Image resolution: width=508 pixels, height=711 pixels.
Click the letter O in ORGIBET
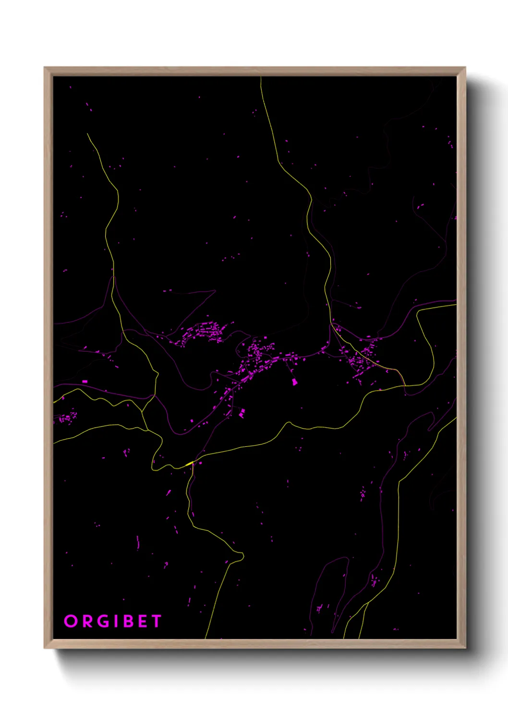point(71,621)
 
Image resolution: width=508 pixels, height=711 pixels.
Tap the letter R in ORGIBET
point(88,621)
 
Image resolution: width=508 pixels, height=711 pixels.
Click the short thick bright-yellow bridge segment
point(189,464)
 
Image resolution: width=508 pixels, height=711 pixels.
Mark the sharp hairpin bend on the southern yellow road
point(242,556)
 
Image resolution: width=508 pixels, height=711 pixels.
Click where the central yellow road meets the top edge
point(261,77)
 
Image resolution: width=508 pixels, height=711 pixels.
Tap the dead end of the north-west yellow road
point(87,134)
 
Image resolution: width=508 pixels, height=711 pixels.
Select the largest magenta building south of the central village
point(294,382)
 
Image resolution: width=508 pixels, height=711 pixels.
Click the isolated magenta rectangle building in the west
point(85,381)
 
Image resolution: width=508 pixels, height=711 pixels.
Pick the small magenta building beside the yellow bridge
point(200,463)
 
